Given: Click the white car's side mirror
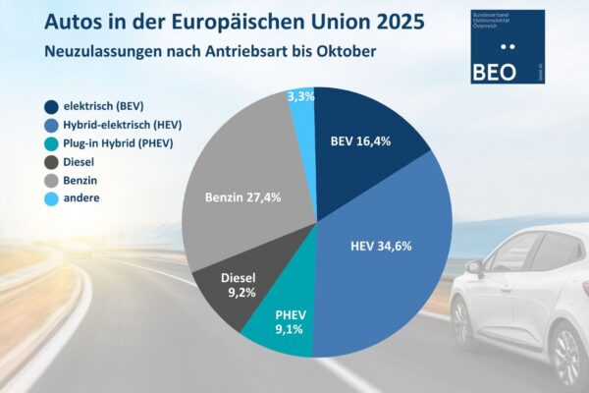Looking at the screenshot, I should tap(475, 266).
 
